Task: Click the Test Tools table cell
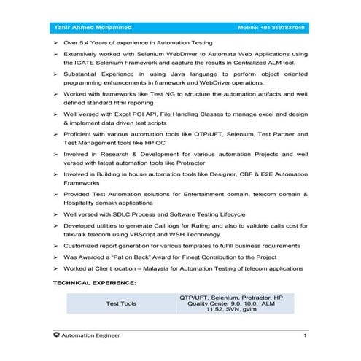tap(121, 303)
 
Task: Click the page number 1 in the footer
tap(305, 335)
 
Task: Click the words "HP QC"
tap(157, 145)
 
